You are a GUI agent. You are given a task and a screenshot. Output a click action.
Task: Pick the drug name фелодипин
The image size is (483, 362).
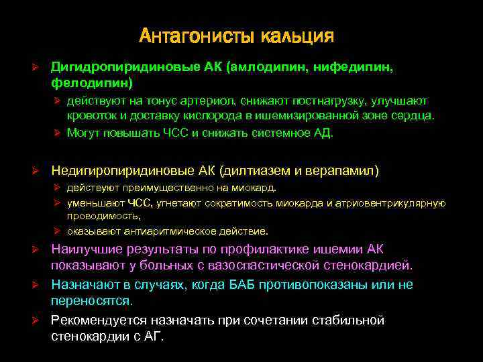[90, 83]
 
